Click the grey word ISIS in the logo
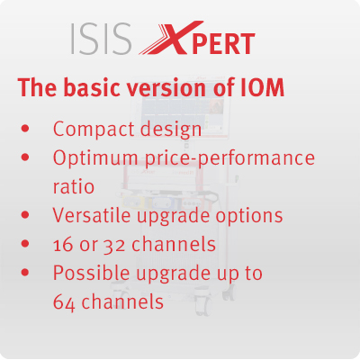(101, 39)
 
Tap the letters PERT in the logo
(222, 44)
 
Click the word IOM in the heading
(263, 87)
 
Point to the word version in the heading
(166, 87)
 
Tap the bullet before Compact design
(25, 129)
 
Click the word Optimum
(95, 158)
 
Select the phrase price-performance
(230, 158)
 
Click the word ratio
(74, 186)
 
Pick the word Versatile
(92, 215)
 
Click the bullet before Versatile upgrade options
(25, 215)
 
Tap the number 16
(63, 245)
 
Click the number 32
(114, 246)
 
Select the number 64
(64, 301)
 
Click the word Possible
(92, 273)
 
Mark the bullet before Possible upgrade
(25, 273)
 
